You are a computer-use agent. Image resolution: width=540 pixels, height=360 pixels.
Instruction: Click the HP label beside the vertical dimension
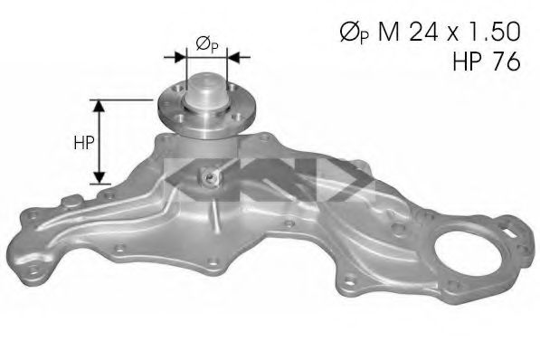coord(84,142)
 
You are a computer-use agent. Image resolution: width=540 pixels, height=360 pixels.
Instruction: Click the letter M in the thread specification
coord(389,32)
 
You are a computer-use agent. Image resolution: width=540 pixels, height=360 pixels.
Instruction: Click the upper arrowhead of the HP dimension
coord(99,106)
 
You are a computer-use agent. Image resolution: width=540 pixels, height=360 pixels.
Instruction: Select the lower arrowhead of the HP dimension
coord(99,177)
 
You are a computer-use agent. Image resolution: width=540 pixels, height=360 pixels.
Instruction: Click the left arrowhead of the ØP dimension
coord(181,57)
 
